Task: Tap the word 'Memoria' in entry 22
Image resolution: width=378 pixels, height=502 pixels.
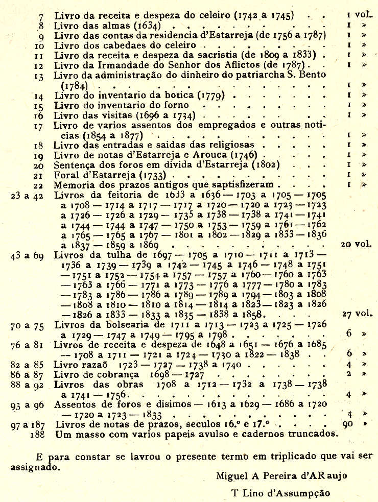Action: pyautogui.click(x=74, y=184)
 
